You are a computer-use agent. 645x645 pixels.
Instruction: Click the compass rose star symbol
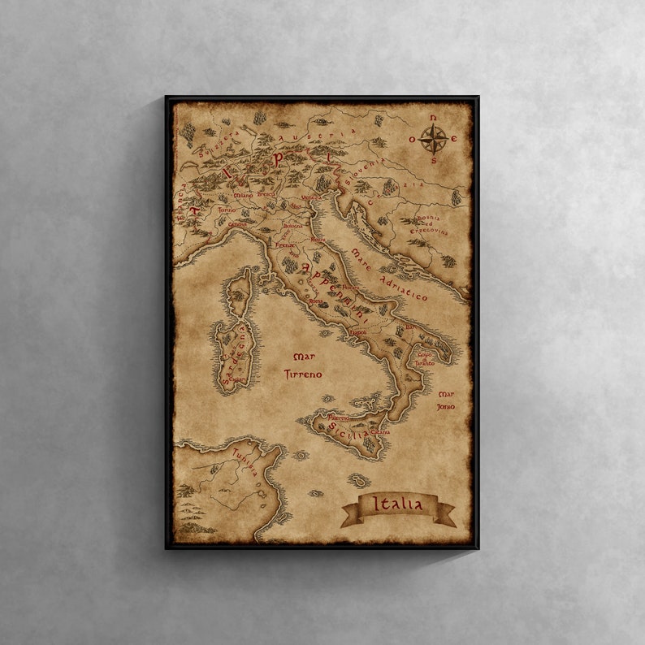[434, 140]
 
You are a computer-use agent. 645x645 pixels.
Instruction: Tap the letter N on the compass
[434, 119]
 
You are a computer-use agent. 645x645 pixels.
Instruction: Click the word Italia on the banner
[397, 504]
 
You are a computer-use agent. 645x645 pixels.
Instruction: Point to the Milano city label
[243, 196]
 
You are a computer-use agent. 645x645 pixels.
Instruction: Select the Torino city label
[227, 210]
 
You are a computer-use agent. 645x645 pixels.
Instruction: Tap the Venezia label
[311, 197]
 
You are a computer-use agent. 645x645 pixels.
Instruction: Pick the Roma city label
[316, 301]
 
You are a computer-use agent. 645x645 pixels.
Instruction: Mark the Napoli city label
[358, 332]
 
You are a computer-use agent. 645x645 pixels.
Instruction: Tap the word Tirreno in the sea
[303, 374]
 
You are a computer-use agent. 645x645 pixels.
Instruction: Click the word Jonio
[446, 405]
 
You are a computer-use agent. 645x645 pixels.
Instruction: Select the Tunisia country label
[245, 461]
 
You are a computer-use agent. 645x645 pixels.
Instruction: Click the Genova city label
[236, 225]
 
